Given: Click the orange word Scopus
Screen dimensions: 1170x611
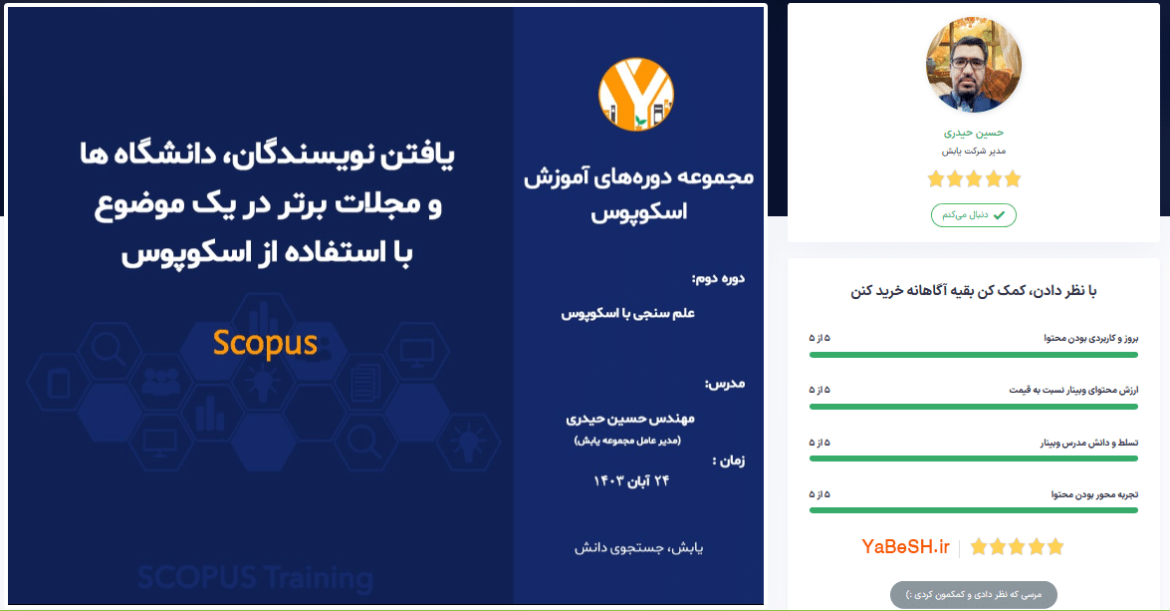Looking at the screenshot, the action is click(265, 344).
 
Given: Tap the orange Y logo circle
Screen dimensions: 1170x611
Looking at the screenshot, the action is click(636, 95).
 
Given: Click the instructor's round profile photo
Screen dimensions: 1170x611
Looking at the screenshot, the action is click(974, 65).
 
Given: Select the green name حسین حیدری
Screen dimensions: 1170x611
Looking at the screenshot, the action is click(974, 133).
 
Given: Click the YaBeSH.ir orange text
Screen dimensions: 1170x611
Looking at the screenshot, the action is click(905, 547).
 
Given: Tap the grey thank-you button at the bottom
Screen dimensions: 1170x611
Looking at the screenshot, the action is click(974, 595).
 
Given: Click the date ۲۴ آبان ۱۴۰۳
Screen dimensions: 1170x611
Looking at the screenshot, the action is click(631, 481).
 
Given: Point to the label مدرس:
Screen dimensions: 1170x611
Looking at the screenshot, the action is click(725, 384).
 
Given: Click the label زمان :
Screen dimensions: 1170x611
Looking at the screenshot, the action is click(729, 460).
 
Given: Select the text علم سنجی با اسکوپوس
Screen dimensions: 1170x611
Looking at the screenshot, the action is click(628, 314).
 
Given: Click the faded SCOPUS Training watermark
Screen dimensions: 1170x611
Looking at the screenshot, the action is click(255, 578).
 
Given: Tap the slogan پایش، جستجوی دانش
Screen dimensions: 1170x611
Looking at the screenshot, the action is click(638, 548).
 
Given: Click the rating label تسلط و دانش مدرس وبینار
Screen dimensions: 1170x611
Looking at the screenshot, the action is click(1089, 443).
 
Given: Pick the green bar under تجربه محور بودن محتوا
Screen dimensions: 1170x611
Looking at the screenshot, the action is click(974, 510).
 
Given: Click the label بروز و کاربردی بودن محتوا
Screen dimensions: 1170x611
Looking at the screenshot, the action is click(1091, 338).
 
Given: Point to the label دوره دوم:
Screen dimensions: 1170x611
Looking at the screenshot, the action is click(718, 279).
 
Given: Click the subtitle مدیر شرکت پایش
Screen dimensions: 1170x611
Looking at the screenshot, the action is click(974, 151).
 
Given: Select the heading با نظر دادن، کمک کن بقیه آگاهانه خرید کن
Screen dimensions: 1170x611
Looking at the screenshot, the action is click(974, 291).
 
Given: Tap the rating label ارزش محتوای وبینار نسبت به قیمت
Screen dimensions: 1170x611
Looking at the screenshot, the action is click(1073, 390).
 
